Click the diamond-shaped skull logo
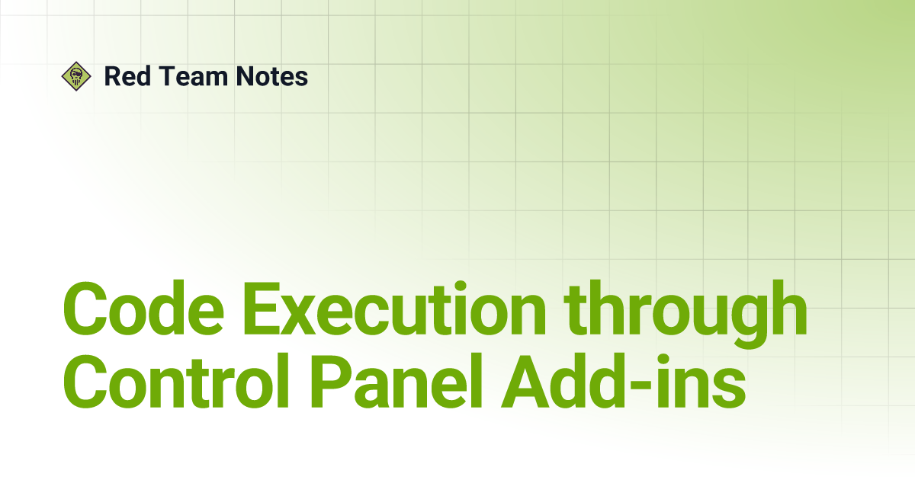[x=76, y=76]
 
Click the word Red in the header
[x=128, y=76]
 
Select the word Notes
[x=272, y=76]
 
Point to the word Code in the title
[x=143, y=309]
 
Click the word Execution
[x=395, y=309]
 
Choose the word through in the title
[x=685, y=315]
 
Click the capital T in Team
[x=168, y=76]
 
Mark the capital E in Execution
[x=265, y=309]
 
